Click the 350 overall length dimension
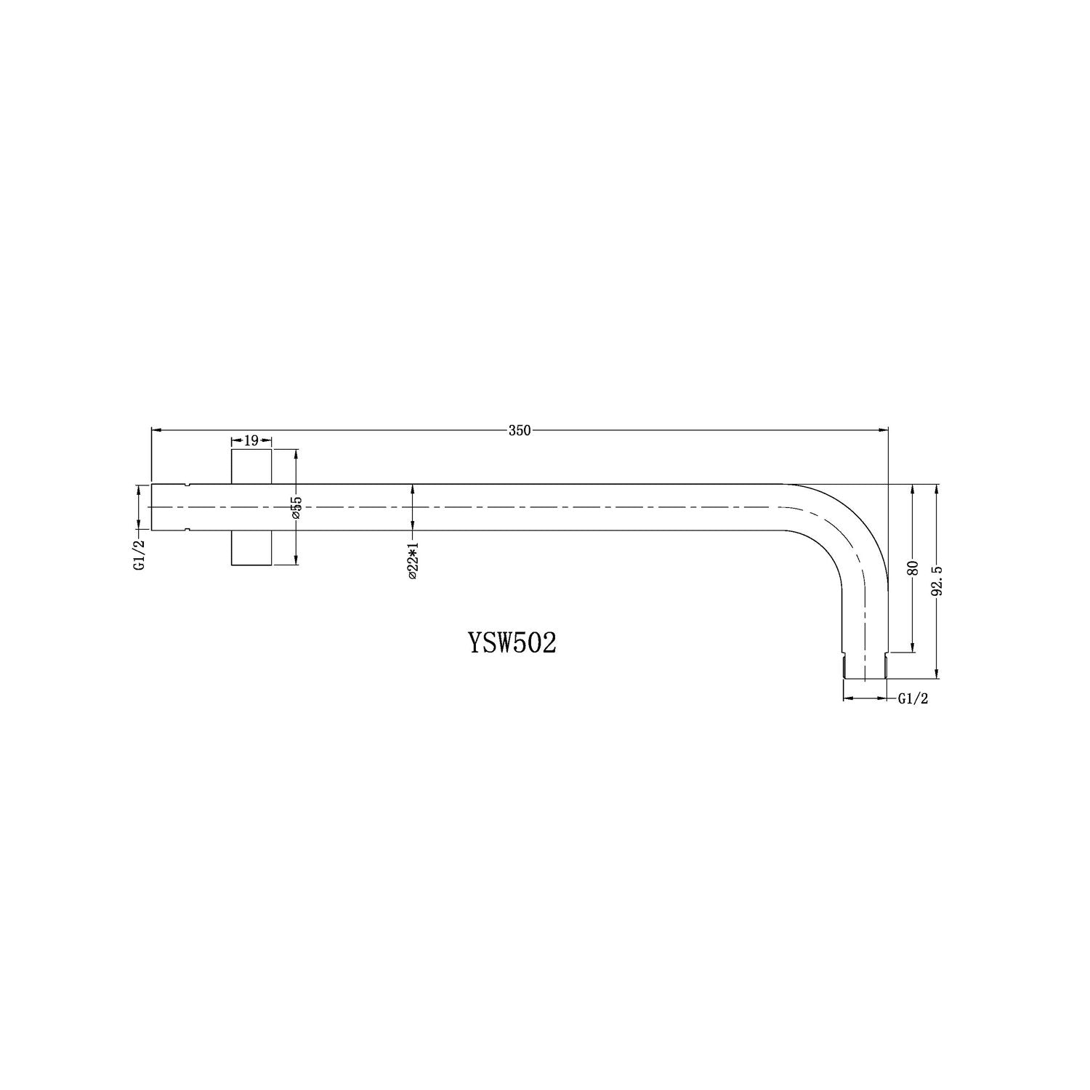tap(520, 430)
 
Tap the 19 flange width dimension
tap(251, 440)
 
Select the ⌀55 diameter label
tap(296, 506)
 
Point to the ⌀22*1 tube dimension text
tap(412, 560)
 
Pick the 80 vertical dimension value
tap(913, 568)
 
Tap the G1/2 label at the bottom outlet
tap(913, 699)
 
